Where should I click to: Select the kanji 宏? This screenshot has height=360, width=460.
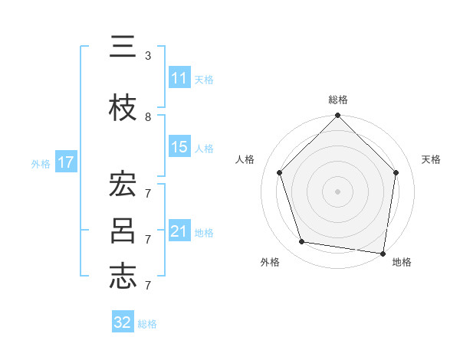point(123,184)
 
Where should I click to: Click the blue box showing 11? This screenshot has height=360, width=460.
point(179,78)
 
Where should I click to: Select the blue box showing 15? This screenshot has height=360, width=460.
point(179,147)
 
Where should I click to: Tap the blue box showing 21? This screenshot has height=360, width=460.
point(179,231)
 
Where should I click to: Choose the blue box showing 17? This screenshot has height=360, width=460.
point(65,162)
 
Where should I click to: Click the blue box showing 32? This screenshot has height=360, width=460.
point(123,322)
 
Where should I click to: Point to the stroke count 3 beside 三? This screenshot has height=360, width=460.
point(148,56)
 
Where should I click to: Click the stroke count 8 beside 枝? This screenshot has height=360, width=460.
point(148,117)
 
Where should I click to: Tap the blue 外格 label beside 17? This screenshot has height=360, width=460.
point(41,163)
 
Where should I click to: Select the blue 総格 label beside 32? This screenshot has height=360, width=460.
point(147,324)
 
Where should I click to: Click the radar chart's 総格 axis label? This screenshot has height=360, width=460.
point(338,100)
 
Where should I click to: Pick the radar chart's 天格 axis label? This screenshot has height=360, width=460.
point(431,159)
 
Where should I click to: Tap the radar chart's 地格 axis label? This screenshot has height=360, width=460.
point(402,262)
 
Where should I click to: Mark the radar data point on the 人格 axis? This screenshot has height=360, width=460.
point(280,172)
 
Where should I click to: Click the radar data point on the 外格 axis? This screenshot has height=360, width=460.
point(302,242)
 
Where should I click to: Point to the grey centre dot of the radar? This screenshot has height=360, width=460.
point(338,191)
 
